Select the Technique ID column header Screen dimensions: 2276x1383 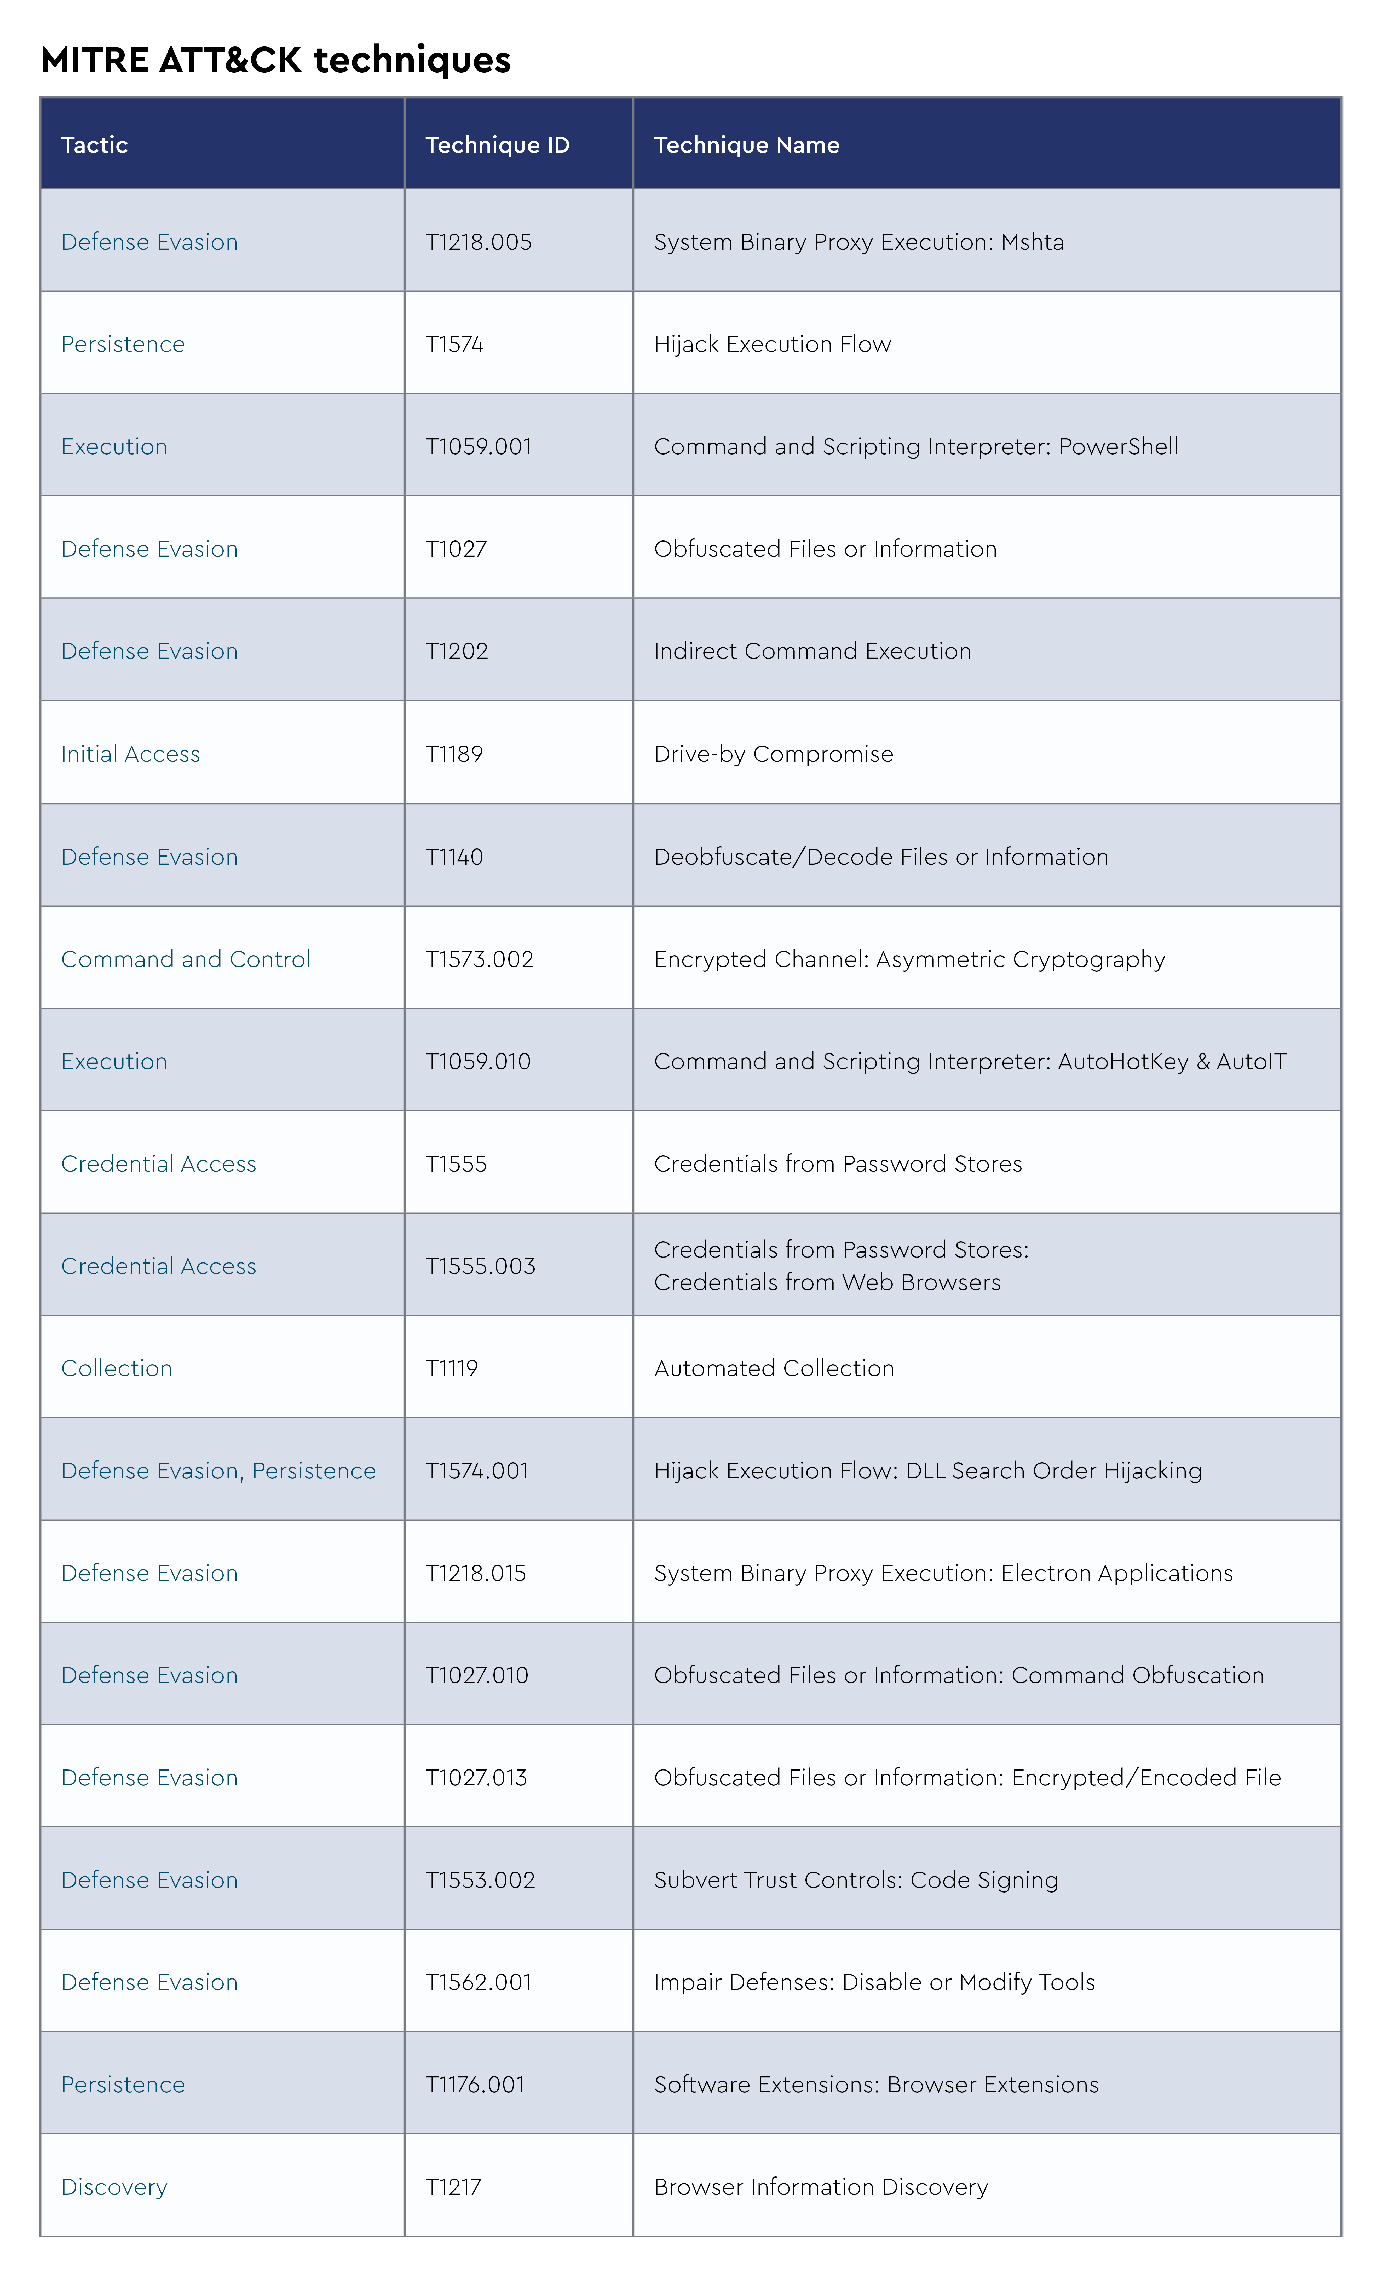click(x=497, y=145)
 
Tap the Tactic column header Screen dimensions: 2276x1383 click(x=94, y=145)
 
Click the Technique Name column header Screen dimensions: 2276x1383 click(x=746, y=145)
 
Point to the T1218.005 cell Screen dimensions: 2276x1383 click(x=479, y=242)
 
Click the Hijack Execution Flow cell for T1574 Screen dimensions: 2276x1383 click(x=772, y=345)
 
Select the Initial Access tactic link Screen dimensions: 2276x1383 click(x=130, y=755)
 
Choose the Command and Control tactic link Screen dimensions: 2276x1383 click(x=186, y=960)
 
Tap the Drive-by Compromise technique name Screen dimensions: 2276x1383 click(x=773, y=755)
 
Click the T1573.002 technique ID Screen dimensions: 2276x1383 click(x=480, y=960)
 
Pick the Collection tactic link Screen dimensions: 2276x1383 click(x=116, y=1369)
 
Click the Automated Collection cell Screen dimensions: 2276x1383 click(x=774, y=1369)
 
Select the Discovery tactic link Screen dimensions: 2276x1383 click(x=114, y=2187)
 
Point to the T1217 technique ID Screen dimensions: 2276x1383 click(x=454, y=2187)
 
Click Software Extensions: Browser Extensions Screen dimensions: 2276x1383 click(x=876, y=2085)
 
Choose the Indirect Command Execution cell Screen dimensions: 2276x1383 click(x=812, y=651)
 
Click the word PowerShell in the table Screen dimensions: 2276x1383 click(x=1118, y=447)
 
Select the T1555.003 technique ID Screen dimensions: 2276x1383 click(x=480, y=1266)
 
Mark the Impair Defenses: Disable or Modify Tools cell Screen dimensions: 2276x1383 click(x=874, y=1982)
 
